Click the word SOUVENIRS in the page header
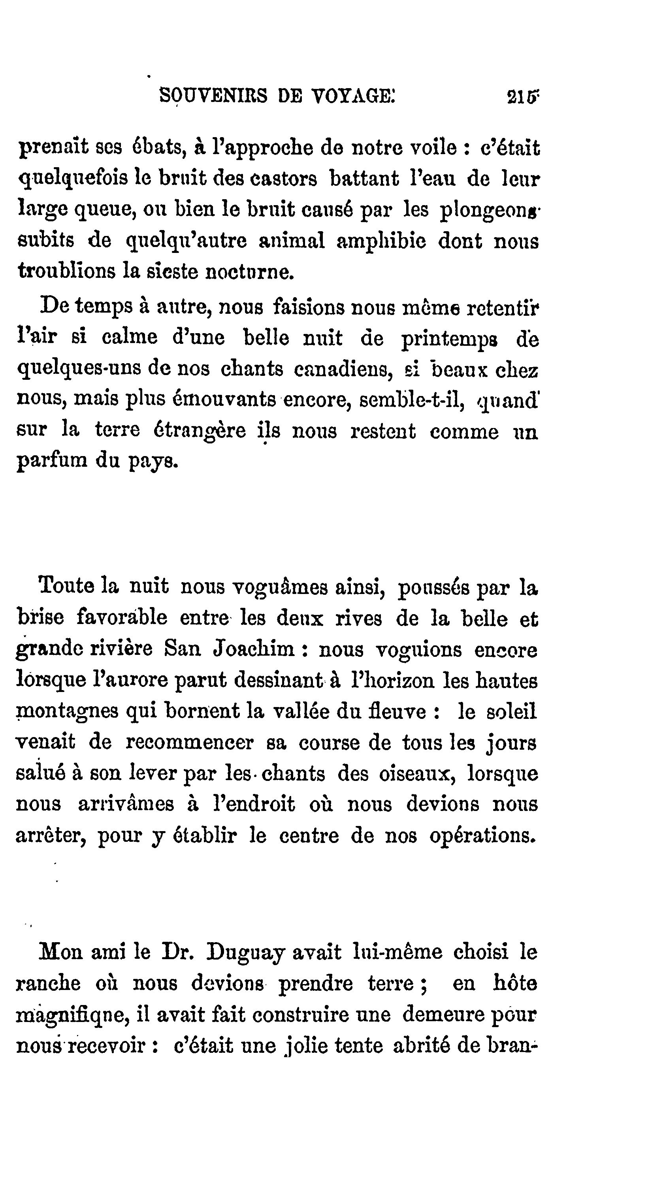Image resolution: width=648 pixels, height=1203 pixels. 213,96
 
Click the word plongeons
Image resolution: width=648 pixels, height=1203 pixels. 489,210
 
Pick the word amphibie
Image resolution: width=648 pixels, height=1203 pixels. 381,241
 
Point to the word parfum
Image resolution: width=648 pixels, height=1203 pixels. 52,462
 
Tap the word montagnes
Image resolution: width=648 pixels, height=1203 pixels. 67,712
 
